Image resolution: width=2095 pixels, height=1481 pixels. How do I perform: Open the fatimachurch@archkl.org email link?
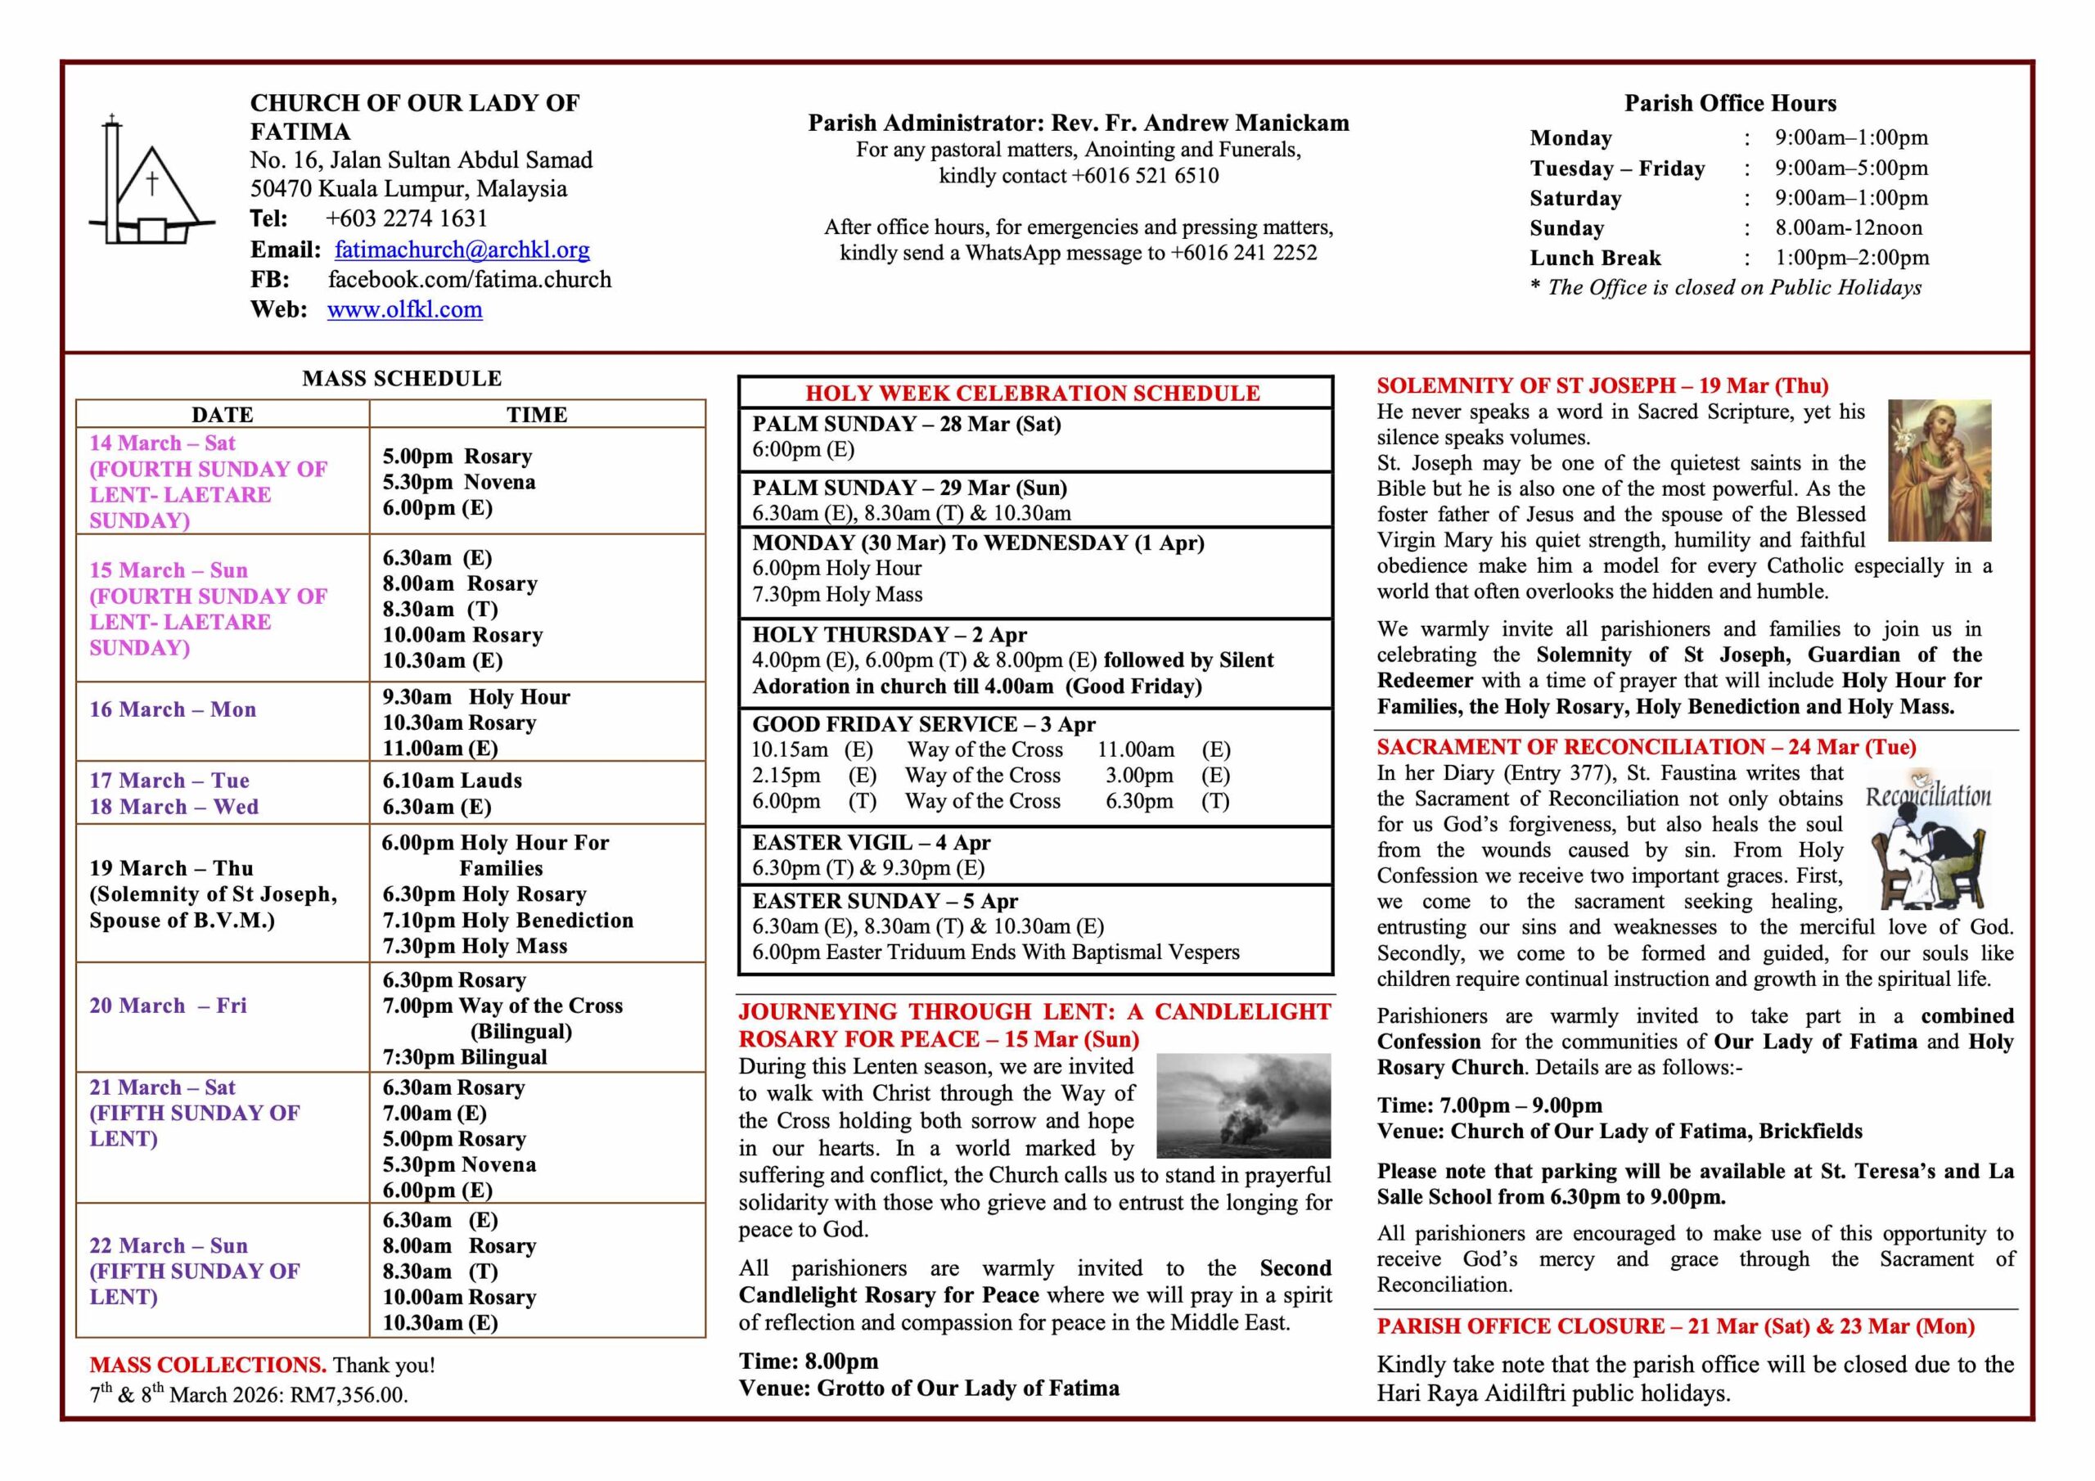(x=462, y=249)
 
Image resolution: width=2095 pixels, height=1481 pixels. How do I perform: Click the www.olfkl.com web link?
(x=404, y=309)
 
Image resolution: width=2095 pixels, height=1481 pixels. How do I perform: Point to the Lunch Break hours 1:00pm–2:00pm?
(x=1851, y=259)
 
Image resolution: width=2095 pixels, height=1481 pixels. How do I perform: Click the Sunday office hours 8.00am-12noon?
(x=1848, y=228)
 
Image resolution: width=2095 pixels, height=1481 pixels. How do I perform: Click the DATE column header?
(x=223, y=414)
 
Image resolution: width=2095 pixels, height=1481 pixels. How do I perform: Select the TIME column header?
(x=537, y=414)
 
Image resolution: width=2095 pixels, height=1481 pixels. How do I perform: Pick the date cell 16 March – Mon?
(x=173, y=709)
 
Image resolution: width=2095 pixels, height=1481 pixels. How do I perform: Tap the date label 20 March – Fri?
(x=168, y=1006)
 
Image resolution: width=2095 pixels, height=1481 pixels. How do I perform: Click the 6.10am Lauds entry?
(x=452, y=781)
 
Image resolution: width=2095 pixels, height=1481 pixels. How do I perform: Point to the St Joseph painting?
(x=1939, y=470)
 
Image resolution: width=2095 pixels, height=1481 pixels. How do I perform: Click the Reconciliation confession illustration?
(x=1927, y=840)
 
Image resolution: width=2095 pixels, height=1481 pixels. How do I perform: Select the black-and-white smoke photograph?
(x=1243, y=1105)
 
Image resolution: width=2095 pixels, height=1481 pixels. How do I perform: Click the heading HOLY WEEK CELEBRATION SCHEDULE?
(x=1032, y=394)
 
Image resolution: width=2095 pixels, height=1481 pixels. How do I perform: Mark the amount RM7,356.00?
(x=349, y=1395)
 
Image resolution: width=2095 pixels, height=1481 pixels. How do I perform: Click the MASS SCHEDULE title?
(x=402, y=379)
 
